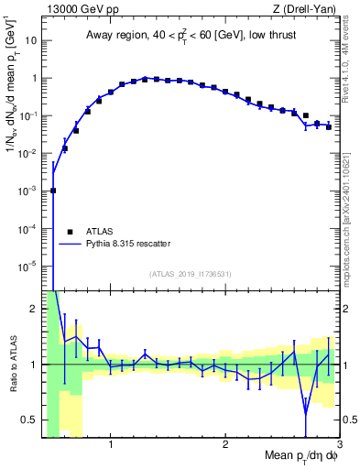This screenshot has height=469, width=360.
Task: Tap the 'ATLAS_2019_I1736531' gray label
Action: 191,274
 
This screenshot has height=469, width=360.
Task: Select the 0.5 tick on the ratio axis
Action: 30,420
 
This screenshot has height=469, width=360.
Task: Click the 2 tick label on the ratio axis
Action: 35,309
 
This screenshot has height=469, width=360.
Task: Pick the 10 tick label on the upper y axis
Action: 31,41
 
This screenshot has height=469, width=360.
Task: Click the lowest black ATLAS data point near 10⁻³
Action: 53,191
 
